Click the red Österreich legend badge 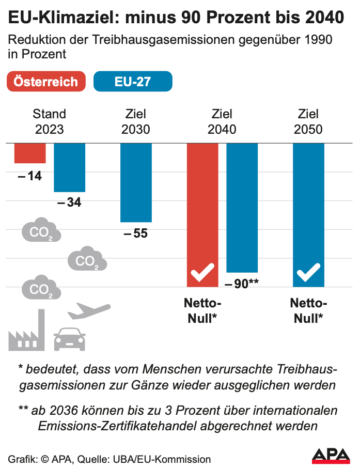[46, 82]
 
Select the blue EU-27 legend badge [132, 82]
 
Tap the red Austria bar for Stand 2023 [29, 153]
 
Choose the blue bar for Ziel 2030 [136, 182]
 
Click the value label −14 [29, 176]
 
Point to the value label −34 [69, 202]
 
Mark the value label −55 [136, 233]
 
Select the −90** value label [242, 283]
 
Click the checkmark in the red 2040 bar [202, 272]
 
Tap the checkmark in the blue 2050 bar [308, 272]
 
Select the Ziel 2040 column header [222, 121]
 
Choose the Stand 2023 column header [50, 121]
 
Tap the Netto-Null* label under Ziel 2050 [309, 310]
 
